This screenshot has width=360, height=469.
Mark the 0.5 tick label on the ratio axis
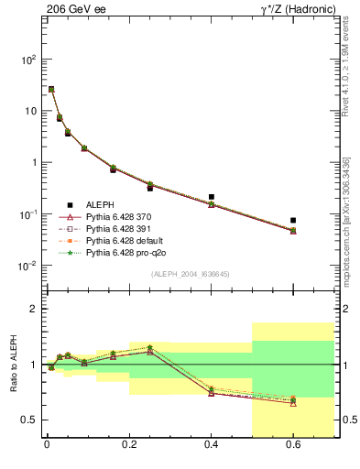click(x=28, y=420)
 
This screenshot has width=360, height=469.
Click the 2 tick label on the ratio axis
click(x=33, y=309)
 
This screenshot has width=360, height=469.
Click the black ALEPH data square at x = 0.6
click(x=293, y=221)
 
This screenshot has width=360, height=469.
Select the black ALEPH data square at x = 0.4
click(x=211, y=197)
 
